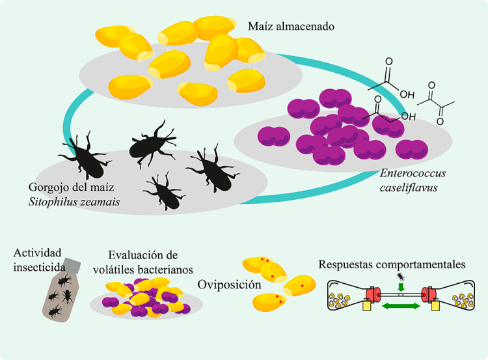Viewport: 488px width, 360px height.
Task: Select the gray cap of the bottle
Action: [74, 264]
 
